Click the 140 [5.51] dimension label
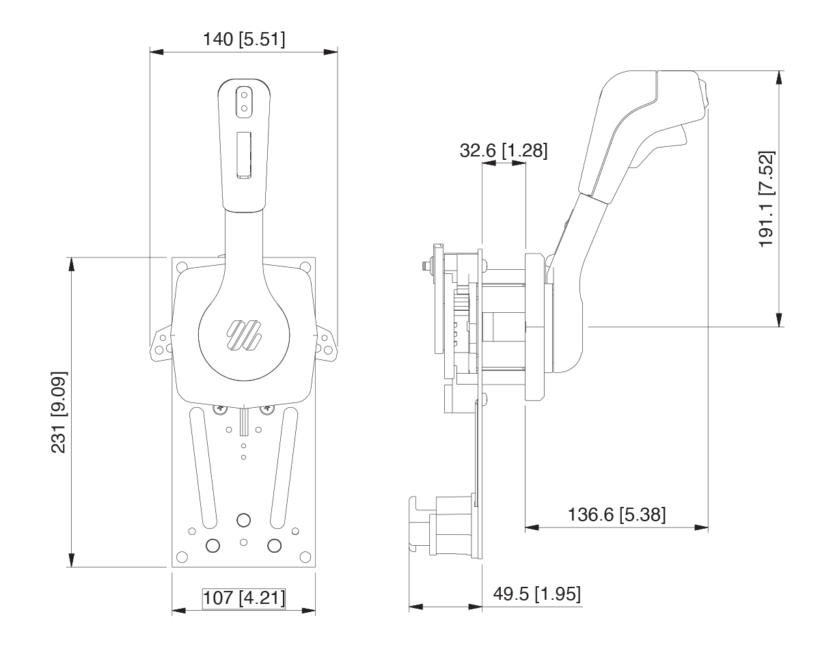244,39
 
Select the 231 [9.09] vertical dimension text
59,412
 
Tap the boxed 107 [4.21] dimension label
244,598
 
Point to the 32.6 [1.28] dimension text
504,150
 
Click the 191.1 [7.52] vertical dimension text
767,199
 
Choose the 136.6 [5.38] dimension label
616,514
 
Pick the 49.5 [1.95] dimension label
537,594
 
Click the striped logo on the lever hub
244,335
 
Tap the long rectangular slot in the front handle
244,155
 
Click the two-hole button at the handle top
244,101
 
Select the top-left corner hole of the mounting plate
182,266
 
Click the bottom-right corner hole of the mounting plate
305,557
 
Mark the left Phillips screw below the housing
220,410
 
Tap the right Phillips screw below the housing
267,410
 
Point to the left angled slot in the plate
203,467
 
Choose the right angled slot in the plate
284,467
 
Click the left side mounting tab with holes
161,344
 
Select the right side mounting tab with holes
326,344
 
